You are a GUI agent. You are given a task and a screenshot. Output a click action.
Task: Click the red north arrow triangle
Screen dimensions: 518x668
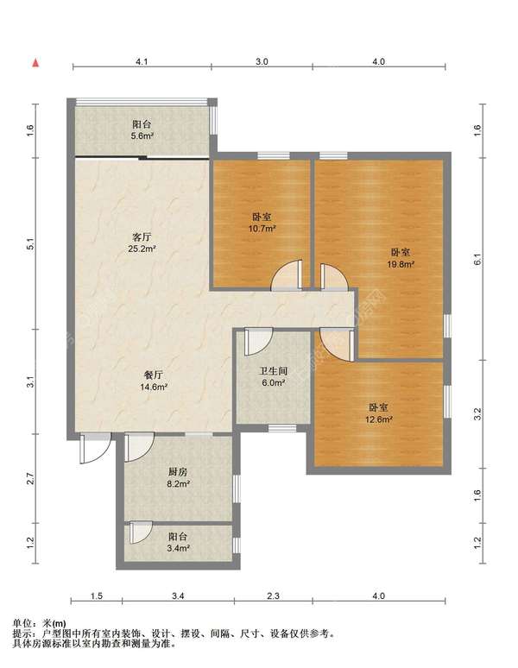[36, 63]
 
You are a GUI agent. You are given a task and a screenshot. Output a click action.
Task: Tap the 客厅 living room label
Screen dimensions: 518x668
[142, 237]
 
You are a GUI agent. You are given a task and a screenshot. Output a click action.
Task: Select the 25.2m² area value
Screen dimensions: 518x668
[142, 249]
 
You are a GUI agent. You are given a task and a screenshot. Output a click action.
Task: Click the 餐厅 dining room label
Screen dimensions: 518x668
[154, 375]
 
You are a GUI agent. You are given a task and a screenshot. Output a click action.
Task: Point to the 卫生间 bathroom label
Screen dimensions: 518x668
[273, 371]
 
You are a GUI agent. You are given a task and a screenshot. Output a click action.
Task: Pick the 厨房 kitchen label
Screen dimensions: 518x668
[178, 472]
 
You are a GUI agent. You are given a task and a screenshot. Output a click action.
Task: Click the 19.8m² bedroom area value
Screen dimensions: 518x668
[401, 264]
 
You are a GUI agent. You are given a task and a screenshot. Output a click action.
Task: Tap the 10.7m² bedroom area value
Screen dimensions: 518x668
[262, 229]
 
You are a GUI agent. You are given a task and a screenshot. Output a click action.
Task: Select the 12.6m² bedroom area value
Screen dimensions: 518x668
[379, 419]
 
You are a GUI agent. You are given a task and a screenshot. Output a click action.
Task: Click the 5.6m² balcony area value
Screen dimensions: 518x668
[142, 135]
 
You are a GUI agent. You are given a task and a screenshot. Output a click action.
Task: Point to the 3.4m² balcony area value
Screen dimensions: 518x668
[178, 548]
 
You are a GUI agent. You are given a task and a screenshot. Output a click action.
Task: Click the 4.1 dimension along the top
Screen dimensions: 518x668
[142, 62]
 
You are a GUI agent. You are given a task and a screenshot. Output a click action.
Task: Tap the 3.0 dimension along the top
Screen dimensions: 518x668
[262, 62]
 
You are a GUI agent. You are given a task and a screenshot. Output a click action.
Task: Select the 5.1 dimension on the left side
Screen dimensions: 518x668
[30, 244]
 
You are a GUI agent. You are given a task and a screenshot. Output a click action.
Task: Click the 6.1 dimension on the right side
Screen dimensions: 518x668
[477, 260]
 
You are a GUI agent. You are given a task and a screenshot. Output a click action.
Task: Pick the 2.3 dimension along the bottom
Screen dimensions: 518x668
[273, 596]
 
